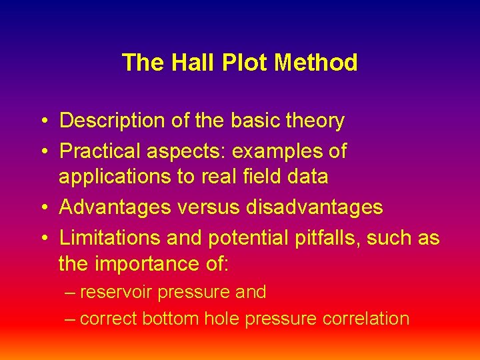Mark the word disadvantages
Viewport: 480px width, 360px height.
[x=314, y=207]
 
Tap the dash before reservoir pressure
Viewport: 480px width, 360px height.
[x=70, y=293]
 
